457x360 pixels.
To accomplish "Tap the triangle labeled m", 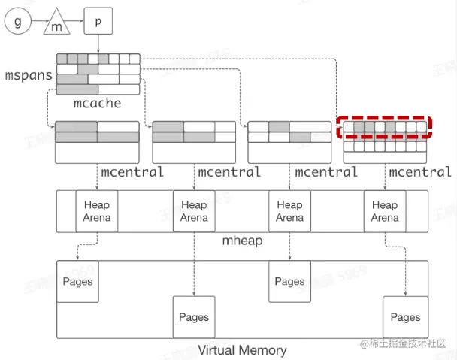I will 57,25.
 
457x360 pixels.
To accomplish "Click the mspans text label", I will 29,76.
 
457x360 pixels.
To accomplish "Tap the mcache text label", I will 97,103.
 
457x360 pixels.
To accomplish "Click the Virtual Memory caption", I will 242,350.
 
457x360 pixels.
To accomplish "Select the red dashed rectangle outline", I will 384,117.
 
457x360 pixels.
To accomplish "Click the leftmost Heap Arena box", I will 97,211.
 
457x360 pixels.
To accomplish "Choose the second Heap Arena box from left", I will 194,211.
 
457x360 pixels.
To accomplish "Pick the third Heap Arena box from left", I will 289,211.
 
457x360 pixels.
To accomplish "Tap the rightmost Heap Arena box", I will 384,211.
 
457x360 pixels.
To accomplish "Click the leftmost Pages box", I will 78,282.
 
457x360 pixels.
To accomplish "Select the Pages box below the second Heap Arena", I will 194,317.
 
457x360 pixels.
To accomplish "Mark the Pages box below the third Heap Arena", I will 289,282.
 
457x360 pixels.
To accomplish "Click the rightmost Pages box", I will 405,317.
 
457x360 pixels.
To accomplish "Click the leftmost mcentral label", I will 132,172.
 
